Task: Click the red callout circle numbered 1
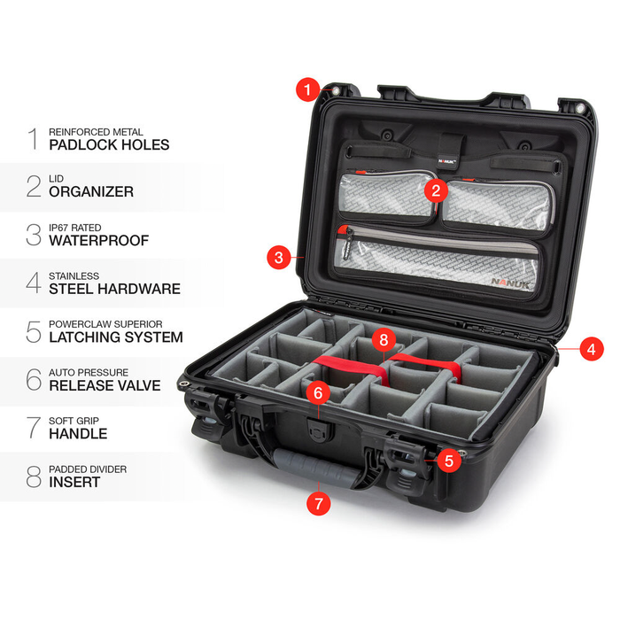307,89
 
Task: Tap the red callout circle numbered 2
435,189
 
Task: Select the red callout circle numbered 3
280,259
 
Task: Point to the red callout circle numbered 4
591,349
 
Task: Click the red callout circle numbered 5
449,460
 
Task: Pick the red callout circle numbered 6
319,391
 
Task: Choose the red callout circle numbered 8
383,338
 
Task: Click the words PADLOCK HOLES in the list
109,144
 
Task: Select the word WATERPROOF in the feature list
98,240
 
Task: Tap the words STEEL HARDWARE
114,289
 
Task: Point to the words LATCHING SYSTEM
116,337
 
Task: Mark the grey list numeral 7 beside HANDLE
33,427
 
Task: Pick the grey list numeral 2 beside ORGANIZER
33,185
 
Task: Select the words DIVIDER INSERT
74,482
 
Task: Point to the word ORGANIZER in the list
91,191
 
